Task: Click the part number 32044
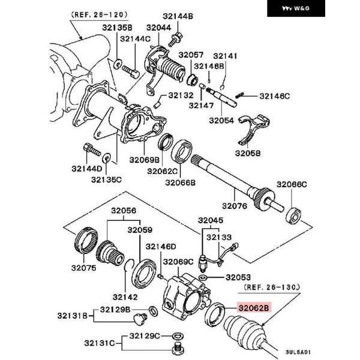[x=158, y=27]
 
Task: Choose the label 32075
[x=83, y=268]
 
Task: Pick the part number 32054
[x=222, y=120]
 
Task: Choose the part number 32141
[x=226, y=56]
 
